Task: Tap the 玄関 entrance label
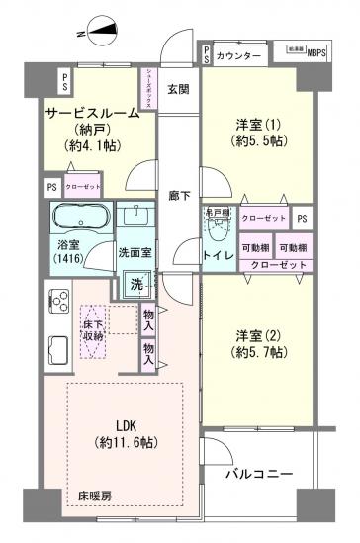(178, 92)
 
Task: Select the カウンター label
(237, 55)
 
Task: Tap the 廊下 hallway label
(178, 197)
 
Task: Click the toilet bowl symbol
(217, 226)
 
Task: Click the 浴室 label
(68, 249)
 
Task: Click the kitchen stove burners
(57, 301)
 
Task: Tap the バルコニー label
(259, 475)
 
